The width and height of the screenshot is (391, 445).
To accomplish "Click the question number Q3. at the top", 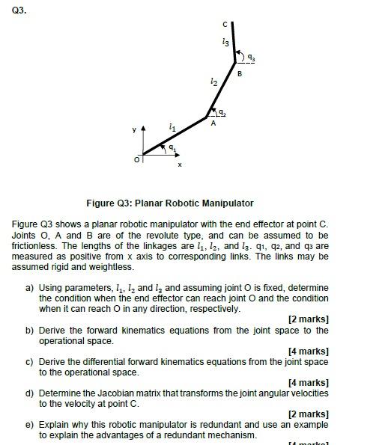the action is point(20,10).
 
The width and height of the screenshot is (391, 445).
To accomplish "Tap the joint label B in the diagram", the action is point(240,73).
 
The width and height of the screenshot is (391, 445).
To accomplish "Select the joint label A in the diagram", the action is point(213,123).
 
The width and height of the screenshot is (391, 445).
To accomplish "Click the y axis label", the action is point(135,129).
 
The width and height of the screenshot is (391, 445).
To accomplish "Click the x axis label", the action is point(179,165).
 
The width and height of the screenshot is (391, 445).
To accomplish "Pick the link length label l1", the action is point(173,128).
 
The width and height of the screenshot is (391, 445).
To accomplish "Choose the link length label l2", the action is point(214,81).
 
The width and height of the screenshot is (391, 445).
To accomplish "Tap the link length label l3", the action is point(225,42).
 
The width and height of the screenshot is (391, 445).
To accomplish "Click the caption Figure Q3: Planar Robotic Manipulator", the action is point(170,203).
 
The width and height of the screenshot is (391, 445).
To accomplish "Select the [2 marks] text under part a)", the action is point(308,319).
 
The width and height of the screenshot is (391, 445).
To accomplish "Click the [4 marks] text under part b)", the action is point(308,351).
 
